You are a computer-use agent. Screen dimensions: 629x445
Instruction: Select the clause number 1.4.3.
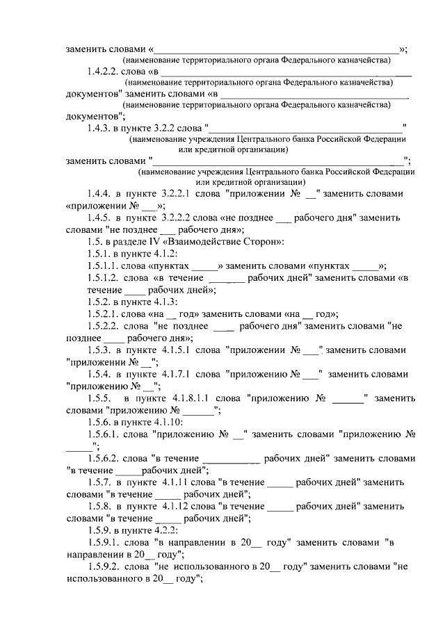click(101, 128)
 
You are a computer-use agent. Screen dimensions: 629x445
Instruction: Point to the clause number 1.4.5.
click(101, 218)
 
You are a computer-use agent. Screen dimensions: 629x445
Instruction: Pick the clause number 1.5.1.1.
click(104, 268)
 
